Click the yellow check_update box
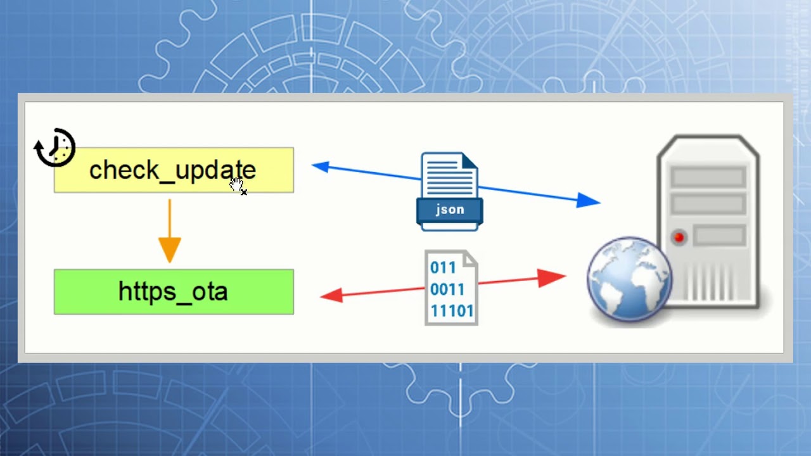pyautogui.click(x=174, y=170)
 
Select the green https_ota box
pyautogui.click(x=174, y=292)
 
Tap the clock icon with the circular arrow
pyautogui.click(x=54, y=148)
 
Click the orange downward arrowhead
pyautogui.click(x=169, y=250)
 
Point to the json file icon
pyautogui.click(x=450, y=191)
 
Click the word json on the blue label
pyautogui.click(x=450, y=210)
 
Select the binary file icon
pyautogui.click(x=452, y=288)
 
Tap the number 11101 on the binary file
pyautogui.click(x=452, y=311)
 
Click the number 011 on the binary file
pyautogui.click(x=443, y=268)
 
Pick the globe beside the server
pyautogui.click(x=629, y=279)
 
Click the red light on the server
pyautogui.click(x=679, y=237)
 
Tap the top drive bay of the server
pyautogui.click(x=708, y=177)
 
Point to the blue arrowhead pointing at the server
pyautogui.click(x=588, y=200)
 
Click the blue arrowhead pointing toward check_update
pyautogui.click(x=321, y=167)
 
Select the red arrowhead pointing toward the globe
pyautogui.click(x=551, y=278)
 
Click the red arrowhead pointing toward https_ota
pyautogui.click(x=332, y=295)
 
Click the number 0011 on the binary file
pyautogui.click(x=447, y=289)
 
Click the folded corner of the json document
pyautogui.click(x=470, y=161)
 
